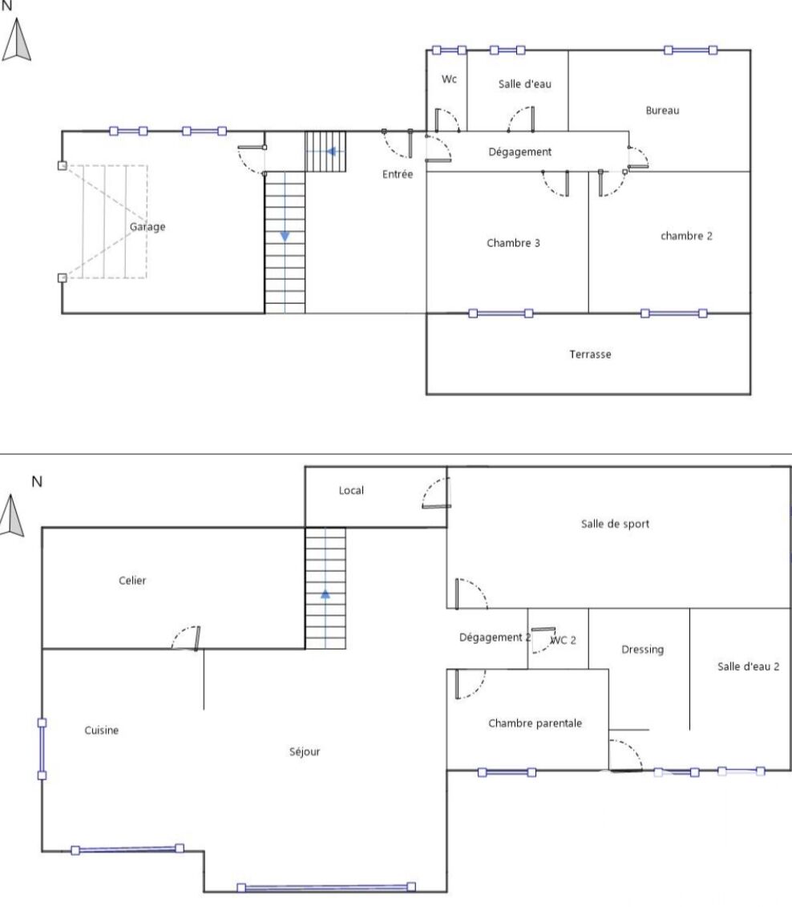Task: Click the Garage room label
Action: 147,227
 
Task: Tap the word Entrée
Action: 397,173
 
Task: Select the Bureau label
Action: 662,110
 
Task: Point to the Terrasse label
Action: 590,354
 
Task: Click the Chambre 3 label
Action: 513,243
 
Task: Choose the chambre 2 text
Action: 686,236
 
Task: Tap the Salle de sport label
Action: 615,524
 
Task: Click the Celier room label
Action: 132,580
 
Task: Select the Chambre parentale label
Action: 535,723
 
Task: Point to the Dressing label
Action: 642,650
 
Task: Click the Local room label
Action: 351,491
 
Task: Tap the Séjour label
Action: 305,751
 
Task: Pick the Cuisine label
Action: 101,730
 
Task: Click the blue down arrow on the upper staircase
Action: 285,237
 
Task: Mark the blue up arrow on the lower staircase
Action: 325,593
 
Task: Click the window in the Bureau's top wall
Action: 690,51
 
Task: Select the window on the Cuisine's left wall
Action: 42,749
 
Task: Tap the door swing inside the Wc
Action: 447,119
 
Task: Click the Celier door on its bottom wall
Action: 186,638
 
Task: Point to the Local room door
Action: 436,493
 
